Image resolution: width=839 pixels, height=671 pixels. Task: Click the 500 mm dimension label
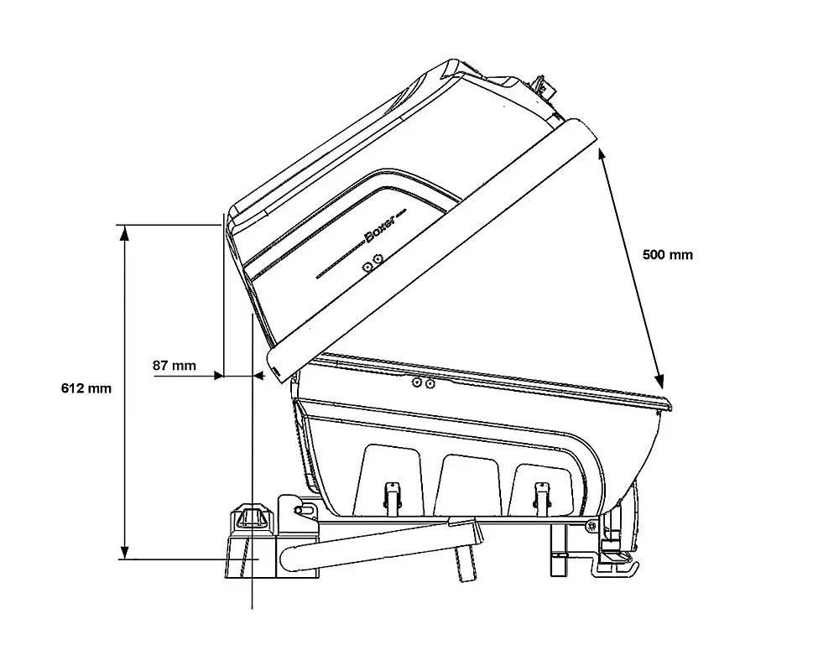[667, 254]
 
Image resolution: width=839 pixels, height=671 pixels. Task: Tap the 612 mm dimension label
[86, 388]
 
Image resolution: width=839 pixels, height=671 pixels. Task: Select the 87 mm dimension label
[174, 365]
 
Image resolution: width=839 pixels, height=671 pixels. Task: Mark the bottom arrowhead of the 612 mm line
[125, 553]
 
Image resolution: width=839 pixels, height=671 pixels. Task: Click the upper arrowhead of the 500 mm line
[603, 150]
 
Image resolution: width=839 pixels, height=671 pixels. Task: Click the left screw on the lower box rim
[416, 383]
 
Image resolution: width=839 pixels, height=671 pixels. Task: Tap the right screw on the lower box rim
[430, 384]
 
